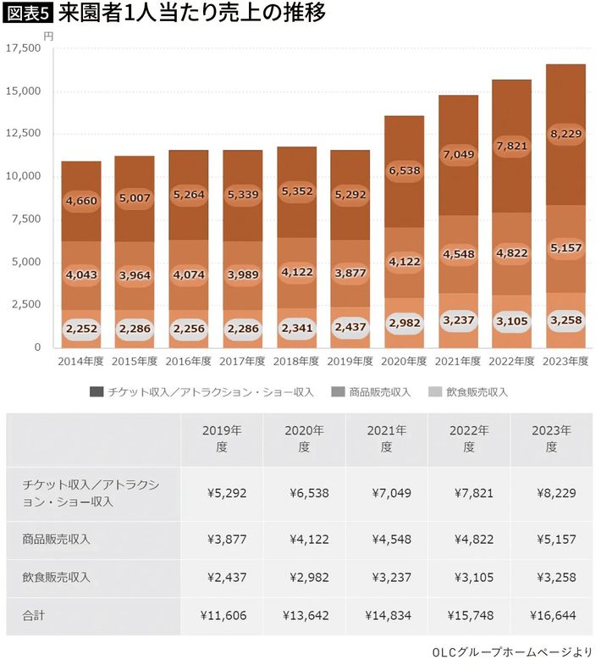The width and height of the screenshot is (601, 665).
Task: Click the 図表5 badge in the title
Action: [x=27, y=15]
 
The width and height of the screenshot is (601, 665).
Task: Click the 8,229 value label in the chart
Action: [x=565, y=133]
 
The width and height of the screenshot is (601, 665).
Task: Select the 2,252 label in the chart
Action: [x=81, y=330]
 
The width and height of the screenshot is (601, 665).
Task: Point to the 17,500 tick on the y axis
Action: [x=23, y=48]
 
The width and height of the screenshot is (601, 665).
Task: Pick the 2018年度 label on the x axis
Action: [x=296, y=362]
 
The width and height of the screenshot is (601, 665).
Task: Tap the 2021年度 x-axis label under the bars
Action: [x=457, y=362]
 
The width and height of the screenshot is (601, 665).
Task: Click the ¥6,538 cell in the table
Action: [x=303, y=495]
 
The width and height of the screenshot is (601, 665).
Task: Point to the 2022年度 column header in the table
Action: [x=469, y=440]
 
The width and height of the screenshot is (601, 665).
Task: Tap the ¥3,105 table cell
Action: [x=469, y=577]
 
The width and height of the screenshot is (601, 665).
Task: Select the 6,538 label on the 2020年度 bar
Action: [x=404, y=171]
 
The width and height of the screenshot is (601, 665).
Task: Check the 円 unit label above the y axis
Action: [x=48, y=36]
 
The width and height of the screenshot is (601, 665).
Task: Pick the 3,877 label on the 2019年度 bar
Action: [x=350, y=275]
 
